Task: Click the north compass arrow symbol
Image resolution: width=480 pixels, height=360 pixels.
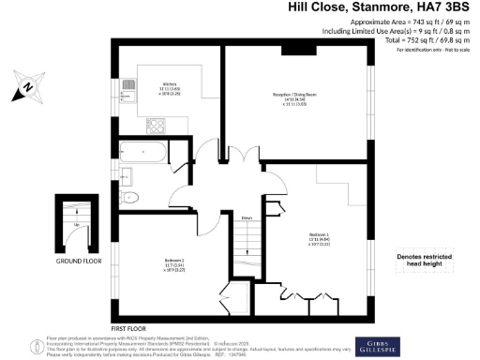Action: tap(25, 87)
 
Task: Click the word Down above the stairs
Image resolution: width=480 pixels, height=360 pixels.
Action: tap(247, 218)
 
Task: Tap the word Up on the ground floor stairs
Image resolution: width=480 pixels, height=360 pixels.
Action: tap(75, 226)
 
